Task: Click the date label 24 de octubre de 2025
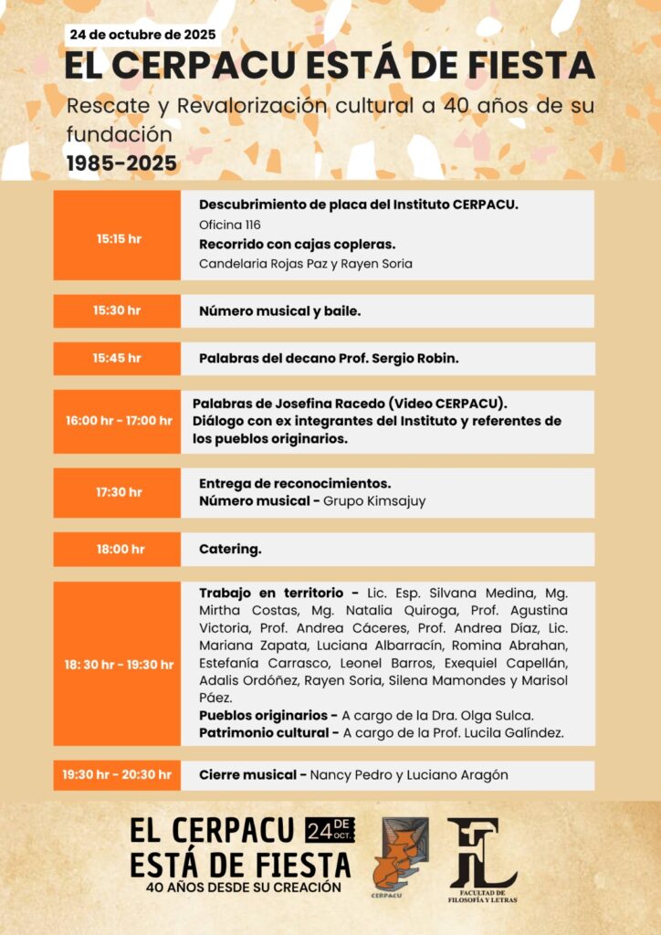[x=142, y=36]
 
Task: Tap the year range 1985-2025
[x=121, y=163]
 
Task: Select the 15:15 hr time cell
[x=118, y=238]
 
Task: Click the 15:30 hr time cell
[x=118, y=310]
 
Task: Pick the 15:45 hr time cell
[x=118, y=358]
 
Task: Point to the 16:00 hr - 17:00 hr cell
[x=118, y=421]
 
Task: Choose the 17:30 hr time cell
[x=118, y=492]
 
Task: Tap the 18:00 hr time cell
[x=118, y=549]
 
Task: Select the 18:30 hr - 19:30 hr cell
[x=118, y=664]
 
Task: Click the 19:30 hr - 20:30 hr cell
[x=118, y=775]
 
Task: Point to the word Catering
[x=230, y=550]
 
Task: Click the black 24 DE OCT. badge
[x=330, y=830]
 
